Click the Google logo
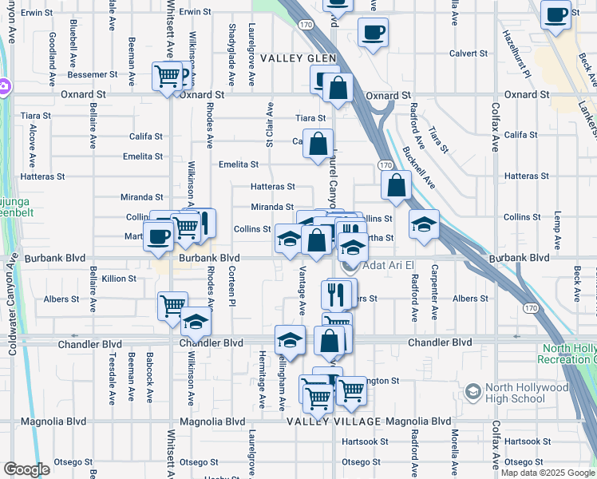pos(26,469)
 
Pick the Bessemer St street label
pos(93,74)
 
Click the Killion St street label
pos(119,279)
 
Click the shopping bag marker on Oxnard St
pos(338,88)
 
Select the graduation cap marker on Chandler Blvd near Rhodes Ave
pos(195,322)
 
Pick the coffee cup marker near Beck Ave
pos(555,14)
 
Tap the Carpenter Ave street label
pos(435,283)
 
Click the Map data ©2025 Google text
pos(548,473)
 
